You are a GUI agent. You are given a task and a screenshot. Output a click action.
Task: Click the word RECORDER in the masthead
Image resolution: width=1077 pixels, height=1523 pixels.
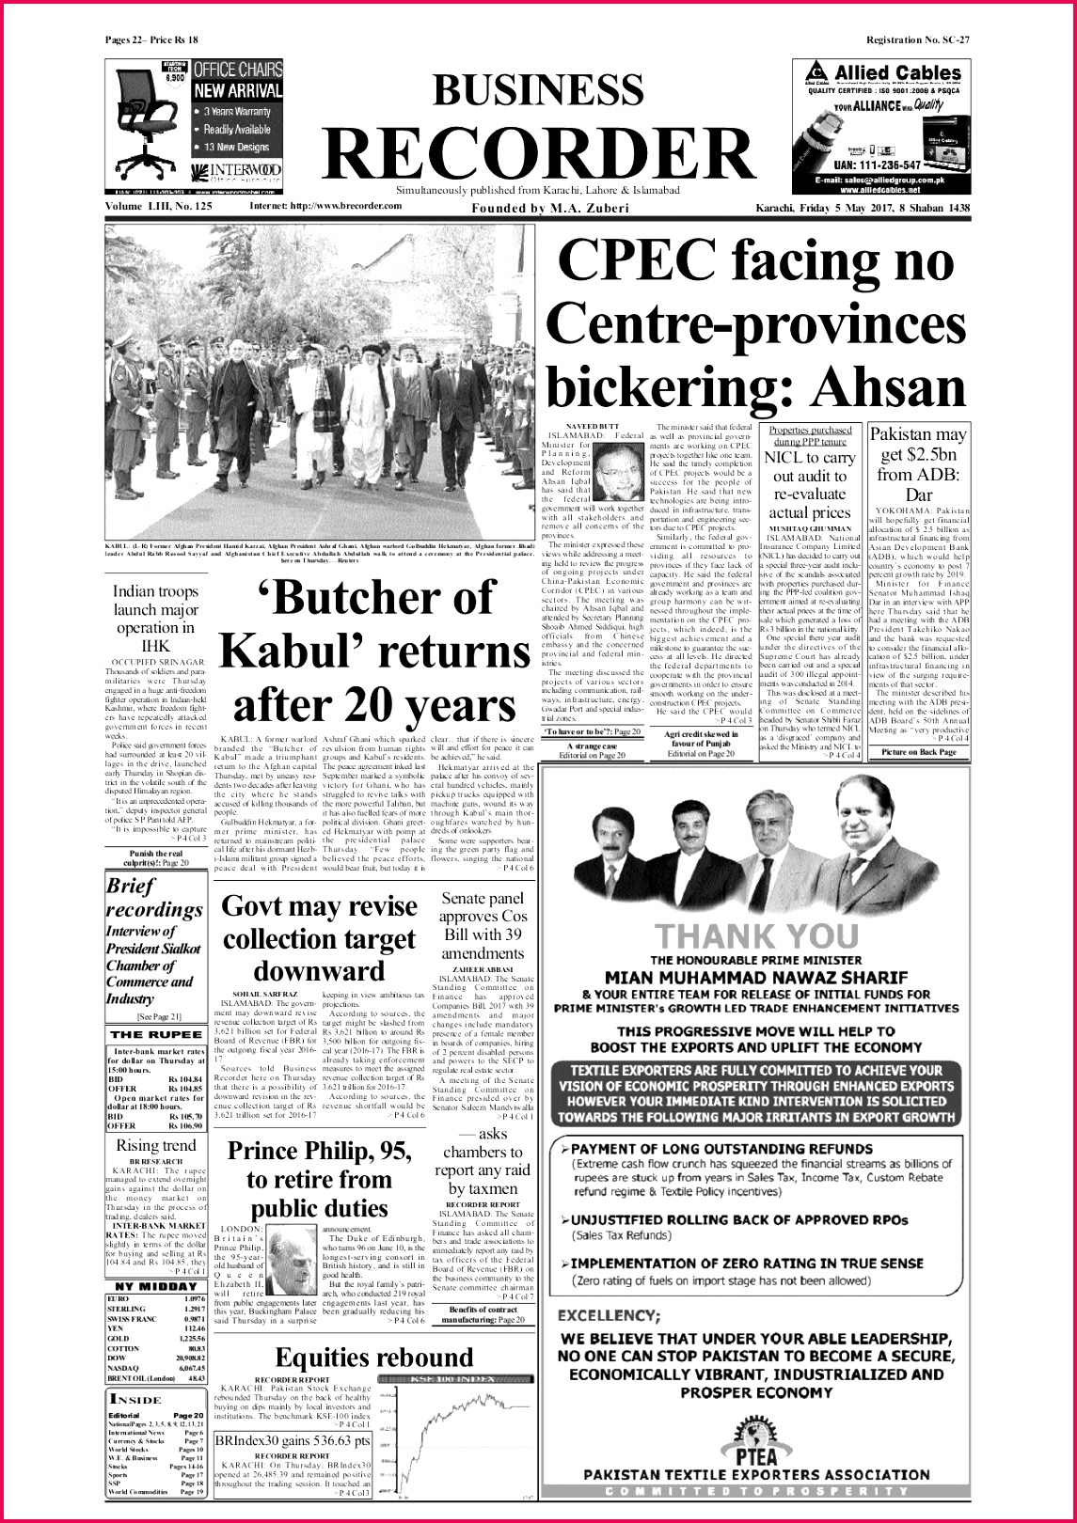point(539,150)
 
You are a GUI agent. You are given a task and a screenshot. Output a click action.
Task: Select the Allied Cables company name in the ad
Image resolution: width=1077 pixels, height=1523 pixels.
point(898,73)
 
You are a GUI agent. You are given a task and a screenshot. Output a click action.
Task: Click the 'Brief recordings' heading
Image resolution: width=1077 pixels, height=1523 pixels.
point(153,897)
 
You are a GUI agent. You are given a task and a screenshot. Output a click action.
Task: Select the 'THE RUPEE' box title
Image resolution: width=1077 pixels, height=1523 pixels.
point(154,1034)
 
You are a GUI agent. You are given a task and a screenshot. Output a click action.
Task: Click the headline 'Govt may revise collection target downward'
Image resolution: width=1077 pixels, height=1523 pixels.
point(319,938)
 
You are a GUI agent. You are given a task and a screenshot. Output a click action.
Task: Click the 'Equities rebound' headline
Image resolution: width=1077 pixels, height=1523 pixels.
point(374,1357)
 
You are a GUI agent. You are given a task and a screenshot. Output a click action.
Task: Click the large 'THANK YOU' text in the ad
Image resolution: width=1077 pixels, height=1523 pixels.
point(756,935)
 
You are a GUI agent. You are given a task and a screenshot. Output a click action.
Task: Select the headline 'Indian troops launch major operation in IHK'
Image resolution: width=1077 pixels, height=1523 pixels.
point(155,619)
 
